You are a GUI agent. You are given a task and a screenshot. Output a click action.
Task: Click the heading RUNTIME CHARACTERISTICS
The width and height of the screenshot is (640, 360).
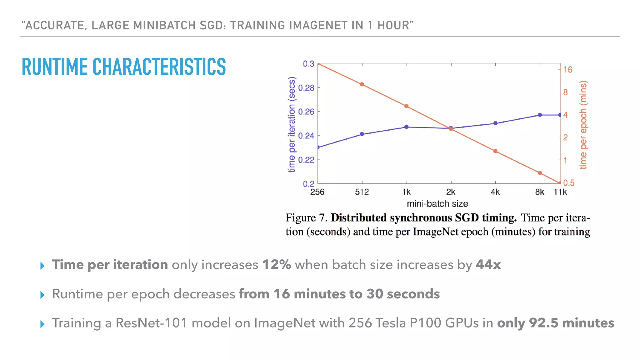tap(124, 67)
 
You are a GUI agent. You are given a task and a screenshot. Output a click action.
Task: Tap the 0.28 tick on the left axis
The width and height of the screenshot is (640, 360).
tap(306, 88)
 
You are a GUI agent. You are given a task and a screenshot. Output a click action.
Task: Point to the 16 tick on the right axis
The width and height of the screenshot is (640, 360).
tap(567, 69)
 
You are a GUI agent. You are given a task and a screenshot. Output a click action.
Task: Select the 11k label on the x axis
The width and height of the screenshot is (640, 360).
tap(560, 192)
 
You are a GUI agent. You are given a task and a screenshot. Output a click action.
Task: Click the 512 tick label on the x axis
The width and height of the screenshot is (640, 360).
tap(362, 192)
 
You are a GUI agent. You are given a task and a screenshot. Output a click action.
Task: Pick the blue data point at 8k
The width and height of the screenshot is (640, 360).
tap(540, 115)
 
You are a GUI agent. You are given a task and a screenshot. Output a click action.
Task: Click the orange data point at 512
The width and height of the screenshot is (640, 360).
tap(362, 84)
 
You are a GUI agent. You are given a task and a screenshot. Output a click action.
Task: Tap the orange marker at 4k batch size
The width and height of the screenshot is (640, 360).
tap(495, 151)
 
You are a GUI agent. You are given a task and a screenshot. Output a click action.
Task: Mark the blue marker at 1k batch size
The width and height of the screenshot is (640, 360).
tap(406, 127)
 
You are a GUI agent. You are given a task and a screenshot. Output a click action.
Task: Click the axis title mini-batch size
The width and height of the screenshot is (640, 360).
tap(437, 204)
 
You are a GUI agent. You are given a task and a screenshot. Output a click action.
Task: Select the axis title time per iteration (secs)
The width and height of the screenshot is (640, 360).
tap(291, 124)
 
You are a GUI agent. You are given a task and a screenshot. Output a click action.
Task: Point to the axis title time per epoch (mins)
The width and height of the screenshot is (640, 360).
tap(583, 125)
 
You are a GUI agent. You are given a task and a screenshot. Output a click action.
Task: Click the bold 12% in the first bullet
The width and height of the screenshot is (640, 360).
tap(277, 265)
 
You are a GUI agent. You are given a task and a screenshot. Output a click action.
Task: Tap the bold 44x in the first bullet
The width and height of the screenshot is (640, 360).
tap(488, 265)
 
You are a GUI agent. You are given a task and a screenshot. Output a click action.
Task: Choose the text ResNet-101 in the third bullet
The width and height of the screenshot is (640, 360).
tap(151, 323)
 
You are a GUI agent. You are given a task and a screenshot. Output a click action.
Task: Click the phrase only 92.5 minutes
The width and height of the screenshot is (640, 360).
tap(555, 323)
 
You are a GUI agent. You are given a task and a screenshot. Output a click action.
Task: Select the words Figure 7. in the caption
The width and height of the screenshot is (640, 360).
tap(306, 217)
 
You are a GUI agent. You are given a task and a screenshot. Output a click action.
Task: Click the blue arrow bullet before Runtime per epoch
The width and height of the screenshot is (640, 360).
tap(42, 295)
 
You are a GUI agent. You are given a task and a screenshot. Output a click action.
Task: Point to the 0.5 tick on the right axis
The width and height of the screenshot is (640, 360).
tap(569, 183)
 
